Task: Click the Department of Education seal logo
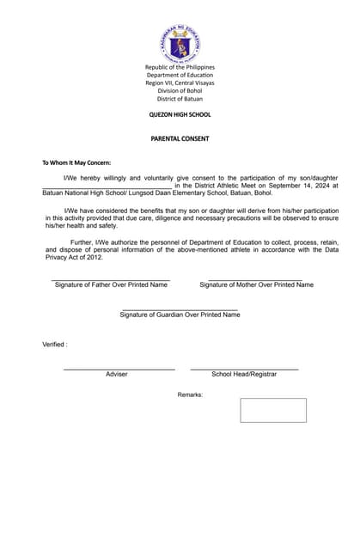pyautogui.click(x=180, y=44)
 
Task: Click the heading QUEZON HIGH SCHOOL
pyautogui.click(x=180, y=114)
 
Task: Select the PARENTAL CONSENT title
pyautogui.click(x=180, y=137)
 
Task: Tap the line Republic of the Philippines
pyautogui.click(x=180, y=67)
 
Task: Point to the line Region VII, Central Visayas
pyautogui.click(x=180, y=83)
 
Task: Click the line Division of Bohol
pyautogui.click(x=180, y=91)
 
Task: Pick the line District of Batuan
pyautogui.click(x=180, y=99)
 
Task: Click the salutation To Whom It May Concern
pyautogui.click(x=76, y=162)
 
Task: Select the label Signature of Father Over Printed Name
pyautogui.click(x=111, y=284)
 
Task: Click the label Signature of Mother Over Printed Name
pyautogui.click(x=256, y=284)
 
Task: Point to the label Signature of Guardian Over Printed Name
pyautogui.click(x=180, y=315)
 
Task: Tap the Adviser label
pyautogui.click(x=117, y=375)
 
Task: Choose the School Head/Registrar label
pyautogui.click(x=244, y=375)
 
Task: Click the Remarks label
pyautogui.click(x=190, y=394)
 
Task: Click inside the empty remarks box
pyautogui.click(x=272, y=410)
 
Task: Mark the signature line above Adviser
pyautogui.click(x=119, y=369)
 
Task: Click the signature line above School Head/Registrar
pyautogui.click(x=244, y=369)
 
